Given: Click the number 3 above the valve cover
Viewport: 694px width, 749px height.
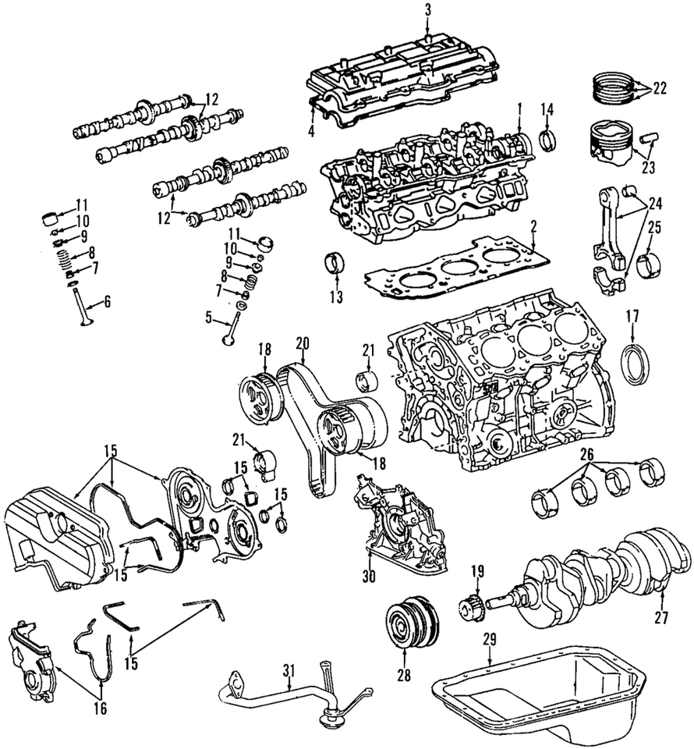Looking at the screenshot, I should pyautogui.click(x=428, y=9).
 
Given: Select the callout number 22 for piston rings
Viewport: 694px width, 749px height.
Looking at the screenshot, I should pyautogui.click(x=660, y=88).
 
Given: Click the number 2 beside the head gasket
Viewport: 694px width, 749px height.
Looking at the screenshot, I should pyautogui.click(x=533, y=227).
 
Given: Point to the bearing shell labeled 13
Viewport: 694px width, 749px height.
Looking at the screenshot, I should pyautogui.click(x=337, y=262).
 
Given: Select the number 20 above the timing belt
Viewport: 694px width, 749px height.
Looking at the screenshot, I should pyautogui.click(x=303, y=343).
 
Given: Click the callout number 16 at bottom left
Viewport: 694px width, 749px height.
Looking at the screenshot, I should pyautogui.click(x=101, y=708).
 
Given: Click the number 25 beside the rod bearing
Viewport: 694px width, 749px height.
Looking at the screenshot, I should pyautogui.click(x=654, y=227).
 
